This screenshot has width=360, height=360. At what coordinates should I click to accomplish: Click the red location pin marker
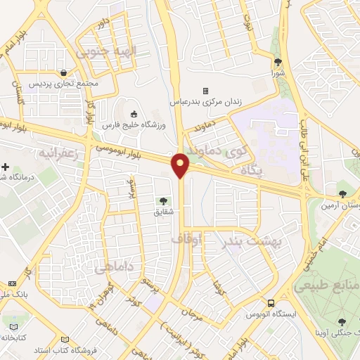(181, 165)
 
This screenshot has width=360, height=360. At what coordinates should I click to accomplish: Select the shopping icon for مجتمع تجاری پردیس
(65, 72)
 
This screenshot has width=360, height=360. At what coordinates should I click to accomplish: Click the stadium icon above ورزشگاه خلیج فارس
(134, 112)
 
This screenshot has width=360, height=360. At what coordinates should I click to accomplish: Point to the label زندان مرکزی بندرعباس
(205, 101)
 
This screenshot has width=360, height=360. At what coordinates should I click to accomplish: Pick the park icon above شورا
(278, 62)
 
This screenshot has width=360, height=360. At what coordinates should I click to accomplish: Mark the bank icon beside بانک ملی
(12, 283)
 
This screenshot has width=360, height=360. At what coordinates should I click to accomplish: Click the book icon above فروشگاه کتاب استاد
(65, 337)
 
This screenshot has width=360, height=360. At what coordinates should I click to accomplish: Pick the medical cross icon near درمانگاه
(6, 167)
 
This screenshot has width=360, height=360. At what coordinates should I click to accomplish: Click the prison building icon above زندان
(205, 91)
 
